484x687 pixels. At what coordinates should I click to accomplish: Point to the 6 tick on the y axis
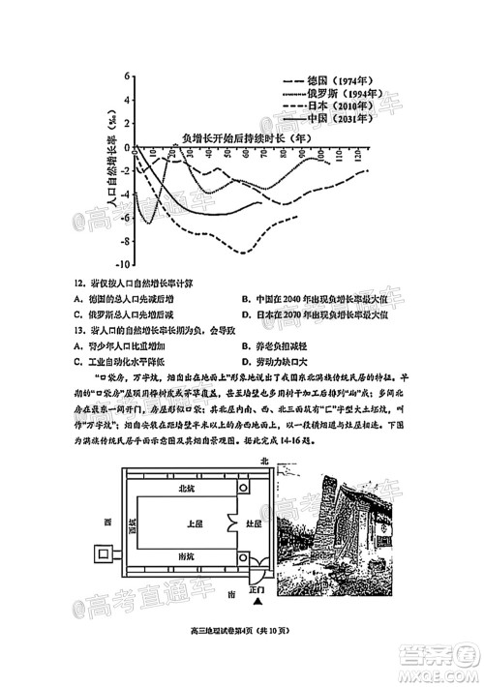[x=127, y=75]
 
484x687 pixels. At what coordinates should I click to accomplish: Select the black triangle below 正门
[x=258, y=602]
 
